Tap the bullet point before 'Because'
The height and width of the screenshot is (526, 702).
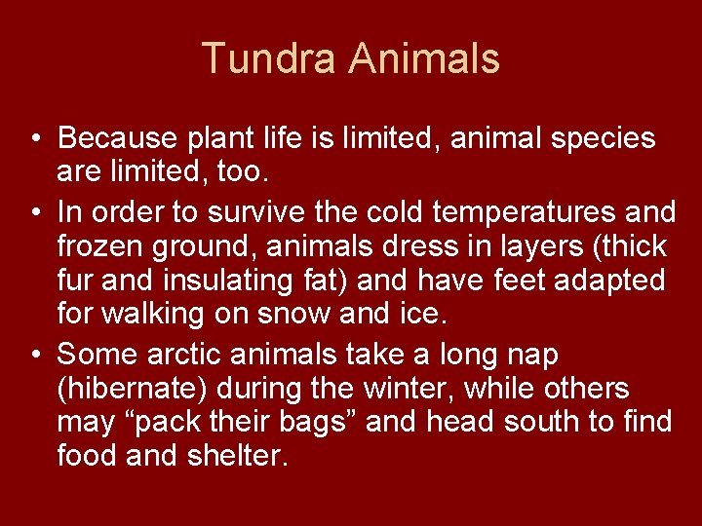click(34, 138)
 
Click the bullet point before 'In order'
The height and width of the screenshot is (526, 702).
click(34, 210)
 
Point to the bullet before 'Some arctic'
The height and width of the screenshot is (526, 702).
click(34, 355)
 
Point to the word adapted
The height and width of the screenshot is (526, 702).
click(608, 282)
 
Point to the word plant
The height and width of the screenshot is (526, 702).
click(207, 138)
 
